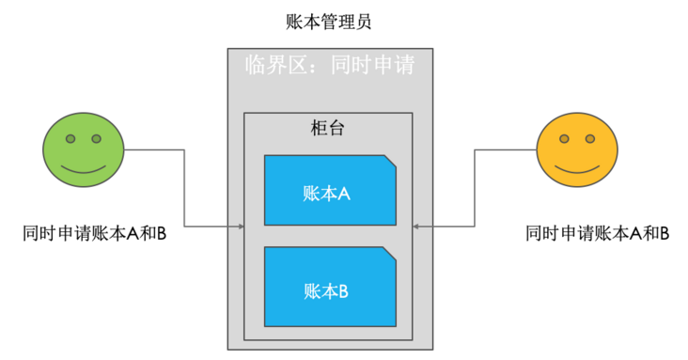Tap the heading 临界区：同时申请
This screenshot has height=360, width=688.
pos(329,66)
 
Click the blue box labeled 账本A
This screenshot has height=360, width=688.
pos(329,191)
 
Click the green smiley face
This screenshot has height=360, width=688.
pos(84,153)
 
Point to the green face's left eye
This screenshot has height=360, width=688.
pos(70,139)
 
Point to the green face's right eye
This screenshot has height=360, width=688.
pos(96,139)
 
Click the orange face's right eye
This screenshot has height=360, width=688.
pos(591,139)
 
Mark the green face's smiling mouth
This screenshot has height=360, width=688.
pos(84,170)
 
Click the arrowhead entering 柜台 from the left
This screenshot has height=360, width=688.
pos(240,226)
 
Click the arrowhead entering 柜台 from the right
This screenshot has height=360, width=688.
pos(417,226)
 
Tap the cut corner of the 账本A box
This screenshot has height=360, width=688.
pos(389,163)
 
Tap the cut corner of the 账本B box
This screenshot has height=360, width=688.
pos(389,253)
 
